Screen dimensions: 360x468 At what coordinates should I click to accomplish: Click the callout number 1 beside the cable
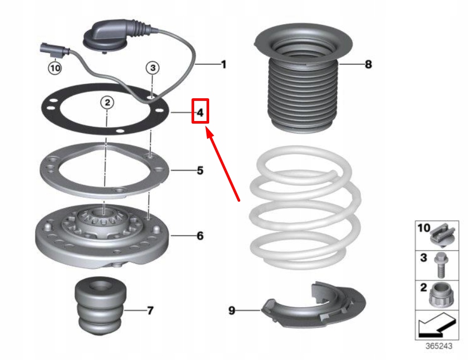click(224, 65)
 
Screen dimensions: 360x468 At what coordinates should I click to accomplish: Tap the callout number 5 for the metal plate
click(200, 170)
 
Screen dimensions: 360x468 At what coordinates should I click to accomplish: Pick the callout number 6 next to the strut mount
click(200, 236)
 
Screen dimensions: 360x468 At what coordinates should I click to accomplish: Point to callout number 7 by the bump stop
click(150, 311)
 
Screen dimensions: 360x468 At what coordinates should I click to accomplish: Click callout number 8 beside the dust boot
click(368, 65)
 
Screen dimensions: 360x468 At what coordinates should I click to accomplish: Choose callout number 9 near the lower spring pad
click(232, 310)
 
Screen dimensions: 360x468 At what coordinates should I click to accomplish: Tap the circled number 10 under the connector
click(55, 67)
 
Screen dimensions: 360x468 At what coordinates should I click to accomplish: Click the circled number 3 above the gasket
click(152, 67)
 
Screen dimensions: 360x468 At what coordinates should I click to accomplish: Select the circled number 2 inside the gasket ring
click(107, 102)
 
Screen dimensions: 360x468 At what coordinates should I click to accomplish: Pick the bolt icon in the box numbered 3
click(443, 264)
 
